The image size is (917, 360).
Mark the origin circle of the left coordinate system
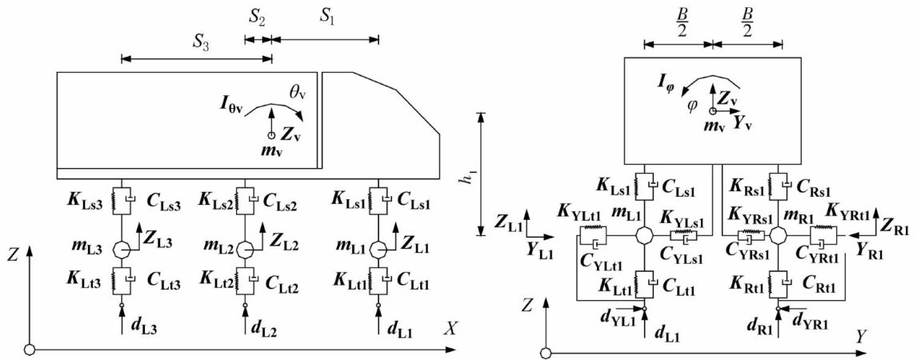(30, 349)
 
